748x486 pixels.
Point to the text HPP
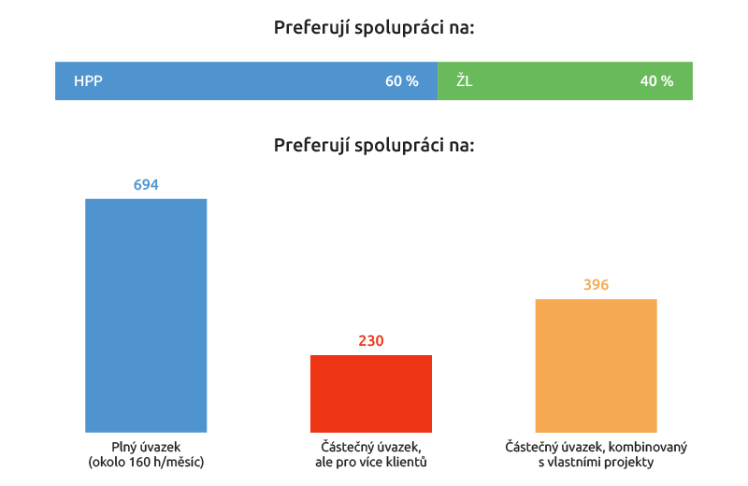(88, 81)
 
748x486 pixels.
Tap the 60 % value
(402, 81)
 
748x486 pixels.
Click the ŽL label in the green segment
(465, 81)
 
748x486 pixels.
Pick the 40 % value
(656, 81)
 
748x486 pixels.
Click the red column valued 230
(371, 393)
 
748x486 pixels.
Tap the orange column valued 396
(596, 365)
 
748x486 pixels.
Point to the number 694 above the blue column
(146, 185)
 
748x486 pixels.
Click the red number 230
(371, 341)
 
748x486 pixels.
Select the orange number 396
(596, 285)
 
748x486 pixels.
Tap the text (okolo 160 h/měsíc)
(146, 462)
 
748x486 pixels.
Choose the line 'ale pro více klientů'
(371, 462)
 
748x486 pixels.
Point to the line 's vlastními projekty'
(596, 462)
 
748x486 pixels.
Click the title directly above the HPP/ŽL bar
(374, 28)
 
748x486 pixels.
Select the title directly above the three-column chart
(374, 146)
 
